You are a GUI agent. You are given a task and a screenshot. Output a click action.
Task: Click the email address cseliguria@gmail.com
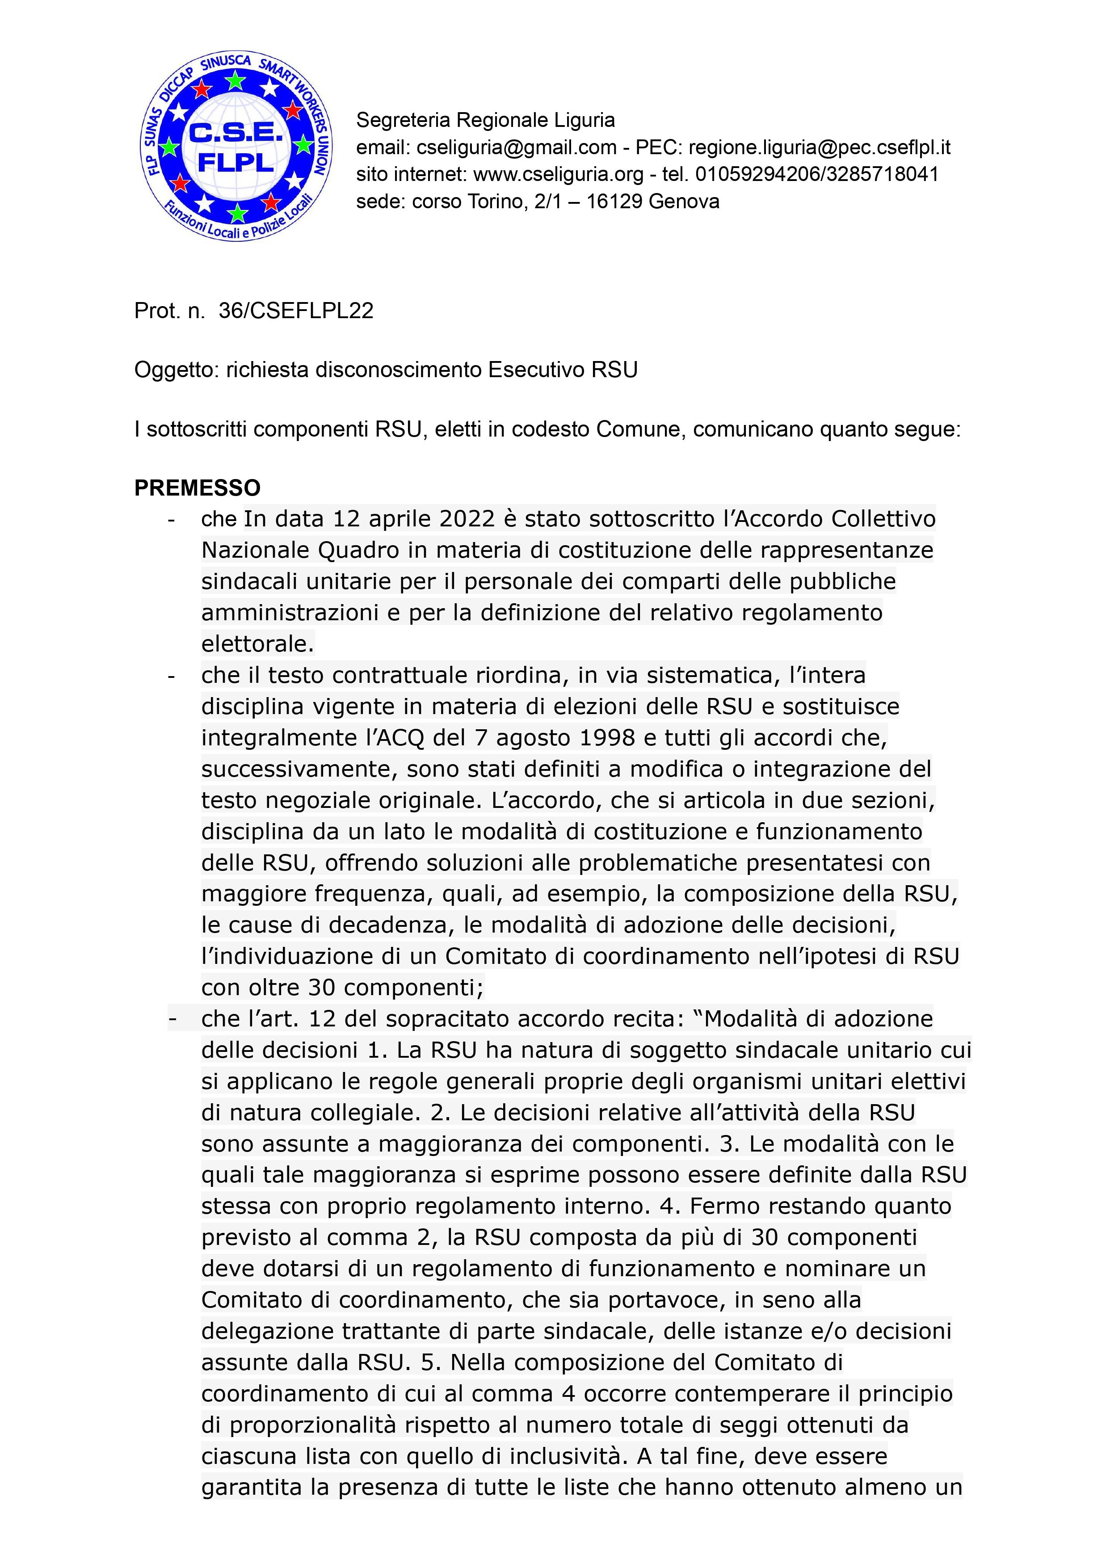point(517,147)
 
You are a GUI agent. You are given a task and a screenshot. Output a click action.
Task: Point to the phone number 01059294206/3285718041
point(817,174)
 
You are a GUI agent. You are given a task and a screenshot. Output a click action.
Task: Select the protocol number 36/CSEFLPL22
point(296,311)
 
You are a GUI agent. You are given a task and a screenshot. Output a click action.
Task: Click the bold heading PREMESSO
point(198,488)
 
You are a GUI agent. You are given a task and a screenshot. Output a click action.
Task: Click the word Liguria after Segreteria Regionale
point(584,120)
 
